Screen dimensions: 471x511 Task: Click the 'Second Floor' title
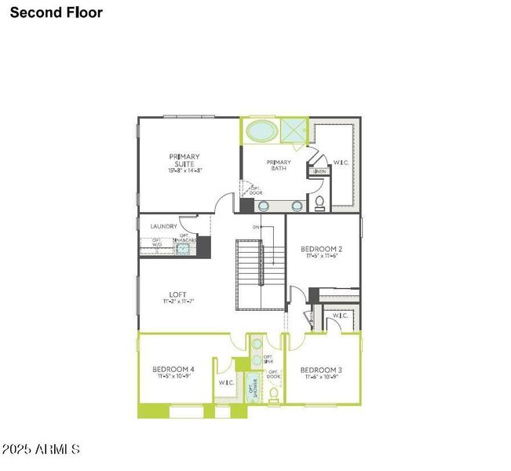coord(57,13)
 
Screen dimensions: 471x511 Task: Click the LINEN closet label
coord(319,171)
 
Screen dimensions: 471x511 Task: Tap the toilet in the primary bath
coord(319,203)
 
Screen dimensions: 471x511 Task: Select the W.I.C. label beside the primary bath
coord(341,163)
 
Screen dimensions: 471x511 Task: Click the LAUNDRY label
coord(164,226)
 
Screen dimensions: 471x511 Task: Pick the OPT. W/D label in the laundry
coord(156,242)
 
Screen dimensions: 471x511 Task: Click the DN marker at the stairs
coord(256,228)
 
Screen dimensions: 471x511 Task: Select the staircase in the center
coord(261,275)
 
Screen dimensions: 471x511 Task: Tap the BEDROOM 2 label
coord(321,249)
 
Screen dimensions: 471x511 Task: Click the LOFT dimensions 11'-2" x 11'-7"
coord(178,301)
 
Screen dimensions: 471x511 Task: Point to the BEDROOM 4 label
coord(173,368)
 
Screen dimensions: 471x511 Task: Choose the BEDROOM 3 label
coord(321,370)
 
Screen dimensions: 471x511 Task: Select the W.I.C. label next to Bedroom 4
coord(226,382)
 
